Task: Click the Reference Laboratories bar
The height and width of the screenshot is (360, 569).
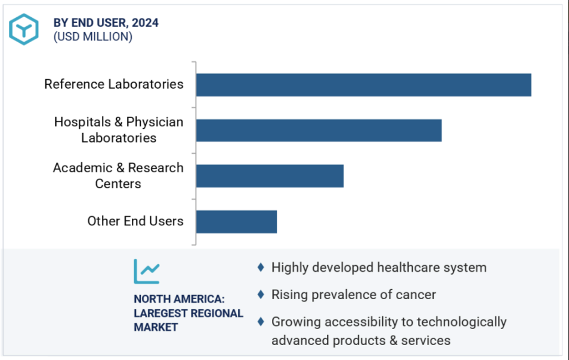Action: pos(363,85)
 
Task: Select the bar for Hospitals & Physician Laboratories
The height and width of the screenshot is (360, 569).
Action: pos(318,130)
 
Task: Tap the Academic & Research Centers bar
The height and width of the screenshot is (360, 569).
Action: pos(270,176)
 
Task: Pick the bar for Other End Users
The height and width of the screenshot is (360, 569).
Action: pos(236,222)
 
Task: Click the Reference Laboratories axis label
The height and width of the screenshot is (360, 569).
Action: pos(114,84)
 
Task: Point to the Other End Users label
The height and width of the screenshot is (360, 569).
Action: pos(135,221)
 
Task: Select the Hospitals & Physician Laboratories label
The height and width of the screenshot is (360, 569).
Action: pos(119,130)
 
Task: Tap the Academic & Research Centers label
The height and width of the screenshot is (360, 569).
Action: pos(118,176)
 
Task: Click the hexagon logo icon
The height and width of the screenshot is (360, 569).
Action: pos(24,29)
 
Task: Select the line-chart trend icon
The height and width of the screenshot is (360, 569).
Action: pos(146,271)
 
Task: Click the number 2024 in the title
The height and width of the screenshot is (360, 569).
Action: pos(146,23)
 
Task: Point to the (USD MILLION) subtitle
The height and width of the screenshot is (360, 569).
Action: pos(92,37)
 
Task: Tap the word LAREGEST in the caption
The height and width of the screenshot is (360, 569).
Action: pos(160,314)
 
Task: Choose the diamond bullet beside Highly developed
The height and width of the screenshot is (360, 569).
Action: pos(261,268)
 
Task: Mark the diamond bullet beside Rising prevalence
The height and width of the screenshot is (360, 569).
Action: pos(261,294)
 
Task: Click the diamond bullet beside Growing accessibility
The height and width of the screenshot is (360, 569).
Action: pos(261,322)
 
